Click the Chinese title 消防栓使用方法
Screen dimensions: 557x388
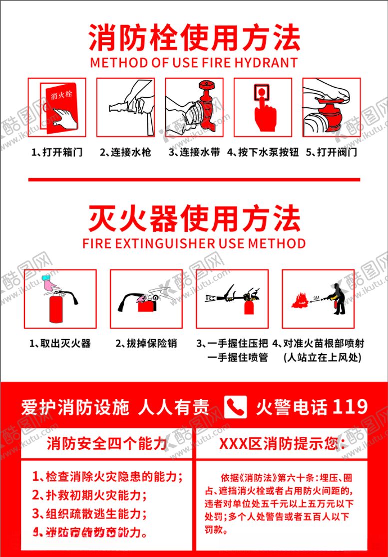click(194, 38)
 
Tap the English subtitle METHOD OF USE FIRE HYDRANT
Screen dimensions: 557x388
click(194, 63)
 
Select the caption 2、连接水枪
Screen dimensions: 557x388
click(125, 152)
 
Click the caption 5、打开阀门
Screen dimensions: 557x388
click(332, 152)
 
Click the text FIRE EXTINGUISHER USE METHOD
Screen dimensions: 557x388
click(194, 243)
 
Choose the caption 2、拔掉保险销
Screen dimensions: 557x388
click(146, 344)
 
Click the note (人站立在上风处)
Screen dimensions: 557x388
click(322, 358)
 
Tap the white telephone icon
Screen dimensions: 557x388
click(236, 407)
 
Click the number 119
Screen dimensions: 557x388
click(350, 407)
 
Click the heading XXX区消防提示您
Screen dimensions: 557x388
click(282, 444)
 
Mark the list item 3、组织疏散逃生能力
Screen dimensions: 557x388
click(90, 513)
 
